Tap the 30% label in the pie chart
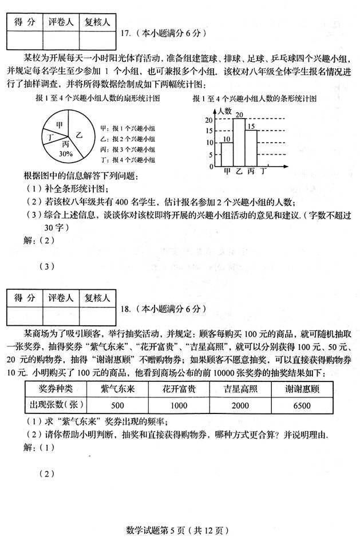[66, 153]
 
